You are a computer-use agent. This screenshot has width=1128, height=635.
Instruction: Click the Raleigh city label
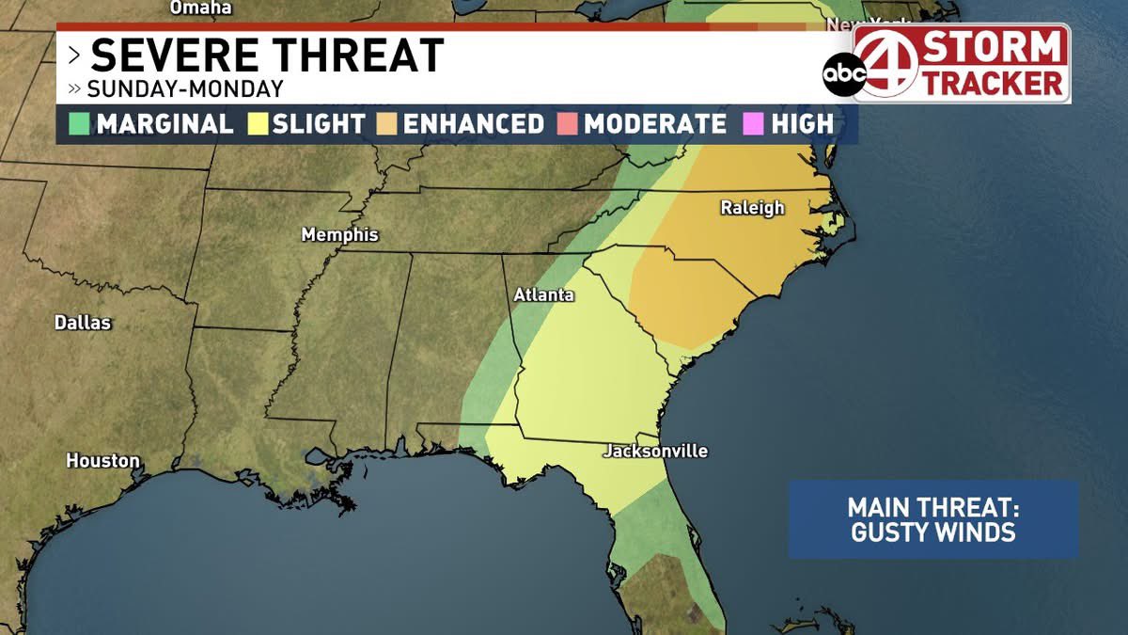tap(752, 208)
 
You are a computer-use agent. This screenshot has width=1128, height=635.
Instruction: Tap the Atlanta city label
tap(543, 294)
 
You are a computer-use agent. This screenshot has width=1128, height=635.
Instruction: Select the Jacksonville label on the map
tap(655, 452)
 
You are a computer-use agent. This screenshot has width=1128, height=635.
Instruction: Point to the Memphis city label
tap(339, 235)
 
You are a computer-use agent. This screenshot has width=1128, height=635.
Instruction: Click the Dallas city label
tap(83, 323)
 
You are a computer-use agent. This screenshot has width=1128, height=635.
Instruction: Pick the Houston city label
tap(102, 461)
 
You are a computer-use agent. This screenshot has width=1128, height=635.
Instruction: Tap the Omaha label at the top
tap(200, 8)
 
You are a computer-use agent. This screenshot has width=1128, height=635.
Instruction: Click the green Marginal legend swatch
tap(79, 124)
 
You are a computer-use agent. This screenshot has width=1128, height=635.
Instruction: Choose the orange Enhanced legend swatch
tap(386, 124)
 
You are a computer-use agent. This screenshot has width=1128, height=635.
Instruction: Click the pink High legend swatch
tap(755, 124)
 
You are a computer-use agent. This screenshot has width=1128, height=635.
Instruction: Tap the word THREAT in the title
tap(357, 56)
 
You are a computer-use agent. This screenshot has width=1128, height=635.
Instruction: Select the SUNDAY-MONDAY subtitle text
tap(184, 90)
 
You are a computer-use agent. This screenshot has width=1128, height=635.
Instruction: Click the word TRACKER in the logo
tap(991, 83)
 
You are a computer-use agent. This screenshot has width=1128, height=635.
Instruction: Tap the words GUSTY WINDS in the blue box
tap(932, 532)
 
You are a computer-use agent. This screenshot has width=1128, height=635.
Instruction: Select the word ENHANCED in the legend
tap(473, 124)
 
